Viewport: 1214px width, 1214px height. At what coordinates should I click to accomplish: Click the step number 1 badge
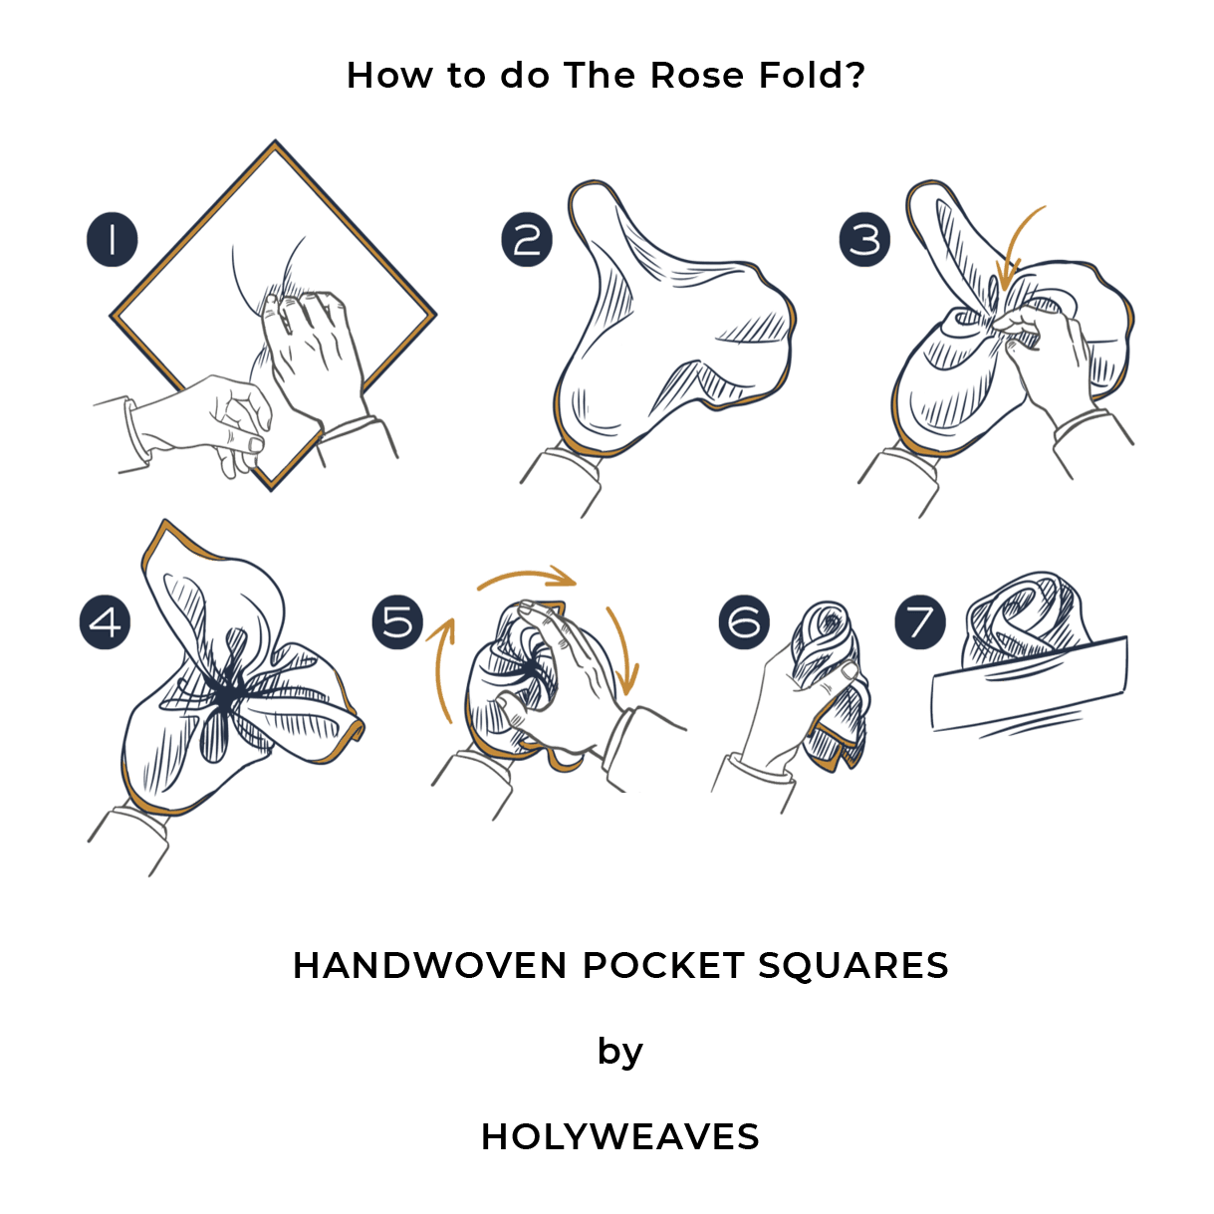point(113,239)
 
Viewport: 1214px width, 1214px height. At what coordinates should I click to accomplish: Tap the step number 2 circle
point(527,239)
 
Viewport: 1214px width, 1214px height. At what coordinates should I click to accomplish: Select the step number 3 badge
point(864,239)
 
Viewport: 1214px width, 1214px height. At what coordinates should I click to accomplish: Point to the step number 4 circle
point(105,622)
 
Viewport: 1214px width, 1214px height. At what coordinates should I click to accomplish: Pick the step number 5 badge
point(397,622)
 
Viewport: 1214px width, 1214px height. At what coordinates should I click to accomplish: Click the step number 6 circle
point(743,622)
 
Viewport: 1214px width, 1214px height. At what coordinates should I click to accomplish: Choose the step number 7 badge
point(919,622)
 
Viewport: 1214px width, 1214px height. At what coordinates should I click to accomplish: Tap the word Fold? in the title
point(812,76)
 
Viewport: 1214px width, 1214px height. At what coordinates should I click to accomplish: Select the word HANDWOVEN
point(429,965)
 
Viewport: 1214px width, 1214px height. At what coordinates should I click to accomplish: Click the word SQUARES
point(852,966)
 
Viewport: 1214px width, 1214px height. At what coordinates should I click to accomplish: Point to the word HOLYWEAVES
point(619,1136)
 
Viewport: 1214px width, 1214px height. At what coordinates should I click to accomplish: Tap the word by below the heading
point(619,1053)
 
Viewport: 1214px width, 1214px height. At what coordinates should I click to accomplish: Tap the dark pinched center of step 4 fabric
point(228,694)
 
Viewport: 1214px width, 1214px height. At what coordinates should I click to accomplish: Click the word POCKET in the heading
point(662,965)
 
